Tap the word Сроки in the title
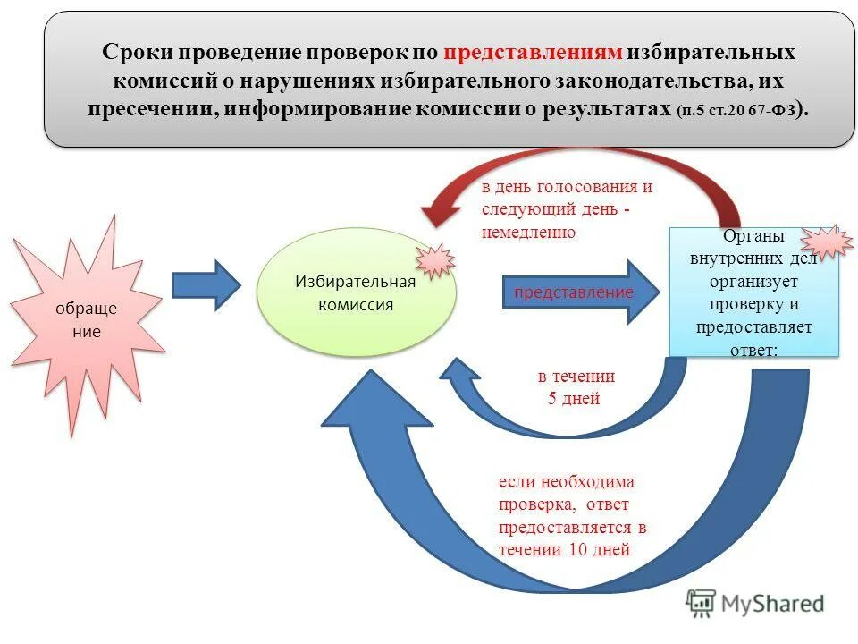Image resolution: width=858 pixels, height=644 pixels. [131, 52]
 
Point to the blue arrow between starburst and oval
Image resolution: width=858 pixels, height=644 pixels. [206, 284]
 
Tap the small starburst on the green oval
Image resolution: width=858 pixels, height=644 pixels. [435, 259]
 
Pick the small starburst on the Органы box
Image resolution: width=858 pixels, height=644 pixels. [826, 241]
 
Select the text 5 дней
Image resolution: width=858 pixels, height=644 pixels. [574, 399]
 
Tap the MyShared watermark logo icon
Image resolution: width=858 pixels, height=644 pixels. [702, 604]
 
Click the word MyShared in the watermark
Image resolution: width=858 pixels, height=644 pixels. [773, 605]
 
